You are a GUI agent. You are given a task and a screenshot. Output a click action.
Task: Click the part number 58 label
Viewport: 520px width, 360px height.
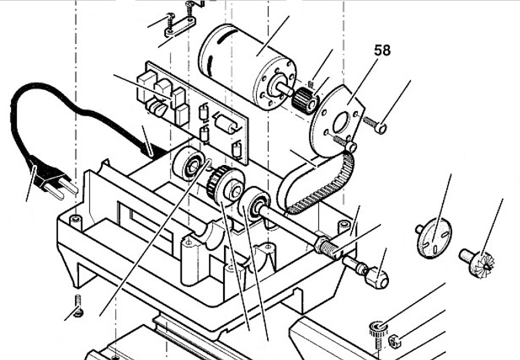(x=382, y=50)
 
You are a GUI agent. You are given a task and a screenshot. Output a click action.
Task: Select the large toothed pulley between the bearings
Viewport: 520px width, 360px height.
(x=225, y=186)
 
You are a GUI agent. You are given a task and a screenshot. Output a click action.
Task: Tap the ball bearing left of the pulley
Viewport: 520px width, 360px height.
(x=189, y=164)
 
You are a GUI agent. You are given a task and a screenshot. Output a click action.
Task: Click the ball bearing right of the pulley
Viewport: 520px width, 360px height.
(x=254, y=204)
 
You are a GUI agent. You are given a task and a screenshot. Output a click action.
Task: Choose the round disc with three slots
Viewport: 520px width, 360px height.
(x=434, y=237)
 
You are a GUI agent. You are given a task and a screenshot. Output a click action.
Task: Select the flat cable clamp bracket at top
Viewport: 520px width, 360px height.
(x=180, y=27)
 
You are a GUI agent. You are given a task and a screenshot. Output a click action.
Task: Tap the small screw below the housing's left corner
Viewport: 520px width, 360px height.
(x=78, y=306)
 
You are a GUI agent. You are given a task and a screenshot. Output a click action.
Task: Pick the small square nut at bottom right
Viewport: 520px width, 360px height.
(x=395, y=341)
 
